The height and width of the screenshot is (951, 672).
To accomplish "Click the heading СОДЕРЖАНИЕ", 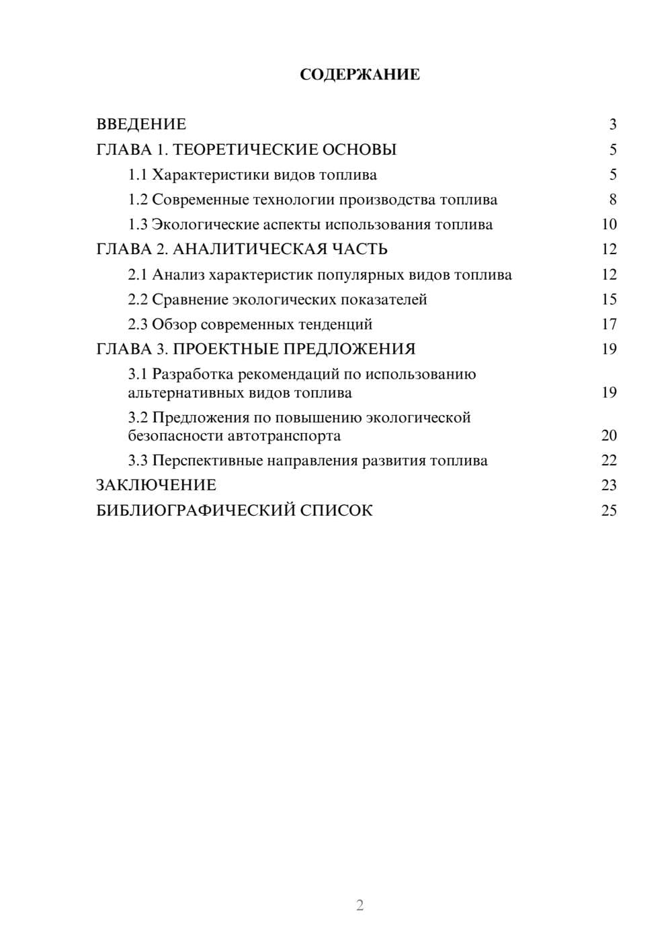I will [360, 75].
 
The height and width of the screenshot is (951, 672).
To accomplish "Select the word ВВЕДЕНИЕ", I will [141, 124].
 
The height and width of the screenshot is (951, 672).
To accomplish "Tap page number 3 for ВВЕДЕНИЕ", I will [612, 124].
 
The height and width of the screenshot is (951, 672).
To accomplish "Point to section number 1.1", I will [137, 175].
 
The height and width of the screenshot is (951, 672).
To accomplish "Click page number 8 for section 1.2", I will [612, 200].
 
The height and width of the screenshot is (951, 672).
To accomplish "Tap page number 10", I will [609, 225].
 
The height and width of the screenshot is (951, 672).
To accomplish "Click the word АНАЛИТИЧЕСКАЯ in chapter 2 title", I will [249, 250].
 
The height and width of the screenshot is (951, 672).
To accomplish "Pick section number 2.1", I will [137, 275].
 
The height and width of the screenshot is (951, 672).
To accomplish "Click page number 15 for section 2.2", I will [609, 299].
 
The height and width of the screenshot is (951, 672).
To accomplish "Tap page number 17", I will [609, 324].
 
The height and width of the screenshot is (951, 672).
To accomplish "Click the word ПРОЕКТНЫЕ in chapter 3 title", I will [226, 349].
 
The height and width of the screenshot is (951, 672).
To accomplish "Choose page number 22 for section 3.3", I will [609, 461].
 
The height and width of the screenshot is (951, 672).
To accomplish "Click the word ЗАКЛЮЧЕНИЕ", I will [156, 486].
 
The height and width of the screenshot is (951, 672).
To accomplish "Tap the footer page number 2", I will [360, 905].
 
